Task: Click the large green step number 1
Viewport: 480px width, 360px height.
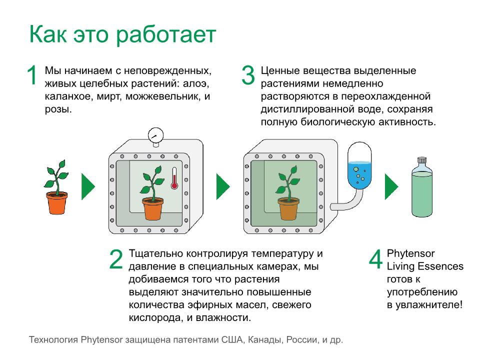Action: pyautogui.click(x=32, y=75)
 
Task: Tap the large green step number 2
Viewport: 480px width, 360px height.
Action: pyautogui.click(x=116, y=259)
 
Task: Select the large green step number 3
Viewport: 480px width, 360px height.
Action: pyautogui.click(x=248, y=75)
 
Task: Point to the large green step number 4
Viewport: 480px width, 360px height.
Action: pyautogui.click(x=376, y=259)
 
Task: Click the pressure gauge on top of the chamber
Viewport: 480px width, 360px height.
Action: pyautogui.click(x=156, y=136)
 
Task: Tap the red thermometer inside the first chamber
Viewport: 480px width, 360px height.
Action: pyautogui.click(x=174, y=178)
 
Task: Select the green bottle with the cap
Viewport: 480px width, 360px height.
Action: pyautogui.click(x=422, y=187)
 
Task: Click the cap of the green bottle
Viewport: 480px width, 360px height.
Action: pyautogui.click(x=422, y=160)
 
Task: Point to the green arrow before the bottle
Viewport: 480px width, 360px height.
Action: pyautogui.click(x=391, y=186)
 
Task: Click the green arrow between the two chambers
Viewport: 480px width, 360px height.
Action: pyautogui.click(x=223, y=186)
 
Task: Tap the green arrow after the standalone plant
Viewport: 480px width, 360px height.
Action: pyautogui.click(x=88, y=186)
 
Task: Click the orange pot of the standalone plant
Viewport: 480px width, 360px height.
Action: pyautogui.click(x=56, y=203)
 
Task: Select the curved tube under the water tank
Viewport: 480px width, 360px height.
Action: pyautogui.click(x=348, y=202)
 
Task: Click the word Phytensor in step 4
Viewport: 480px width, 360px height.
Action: pyautogui.click(x=410, y=254)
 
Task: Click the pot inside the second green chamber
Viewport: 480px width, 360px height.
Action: pyautogui.click(x=288, y=208)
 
